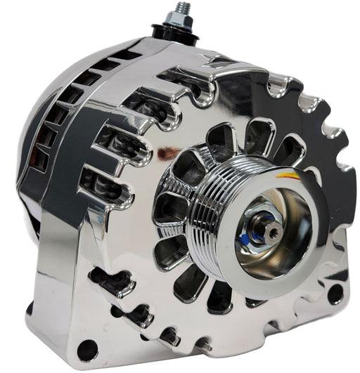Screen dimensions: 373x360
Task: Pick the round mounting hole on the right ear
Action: (x=335, y=292)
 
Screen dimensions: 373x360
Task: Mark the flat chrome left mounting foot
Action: (x=56, y=309)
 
